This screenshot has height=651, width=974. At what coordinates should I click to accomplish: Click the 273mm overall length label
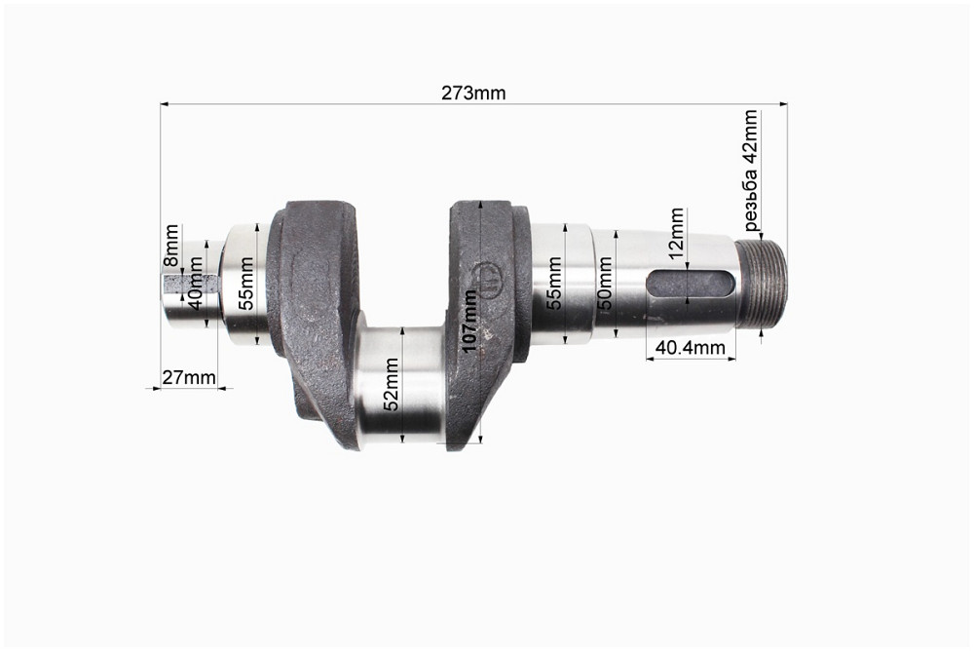[x=473, y=94]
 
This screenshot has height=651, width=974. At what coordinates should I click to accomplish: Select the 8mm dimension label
[x=171, y=248]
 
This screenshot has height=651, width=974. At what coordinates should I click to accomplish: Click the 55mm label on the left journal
[x=246, y=283]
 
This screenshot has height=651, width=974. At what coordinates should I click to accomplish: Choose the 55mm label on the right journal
[x=554, y=283]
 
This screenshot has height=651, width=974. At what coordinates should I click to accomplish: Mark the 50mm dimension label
[x=604, y=286]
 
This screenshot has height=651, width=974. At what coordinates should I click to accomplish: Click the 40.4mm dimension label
[x=691, y=347]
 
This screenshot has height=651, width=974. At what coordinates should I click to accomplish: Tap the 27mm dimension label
[x=189, y=377]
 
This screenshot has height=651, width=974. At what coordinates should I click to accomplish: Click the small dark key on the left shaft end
[x=175, y=285]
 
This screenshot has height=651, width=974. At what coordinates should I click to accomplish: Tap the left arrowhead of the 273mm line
[x=165, y=102]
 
